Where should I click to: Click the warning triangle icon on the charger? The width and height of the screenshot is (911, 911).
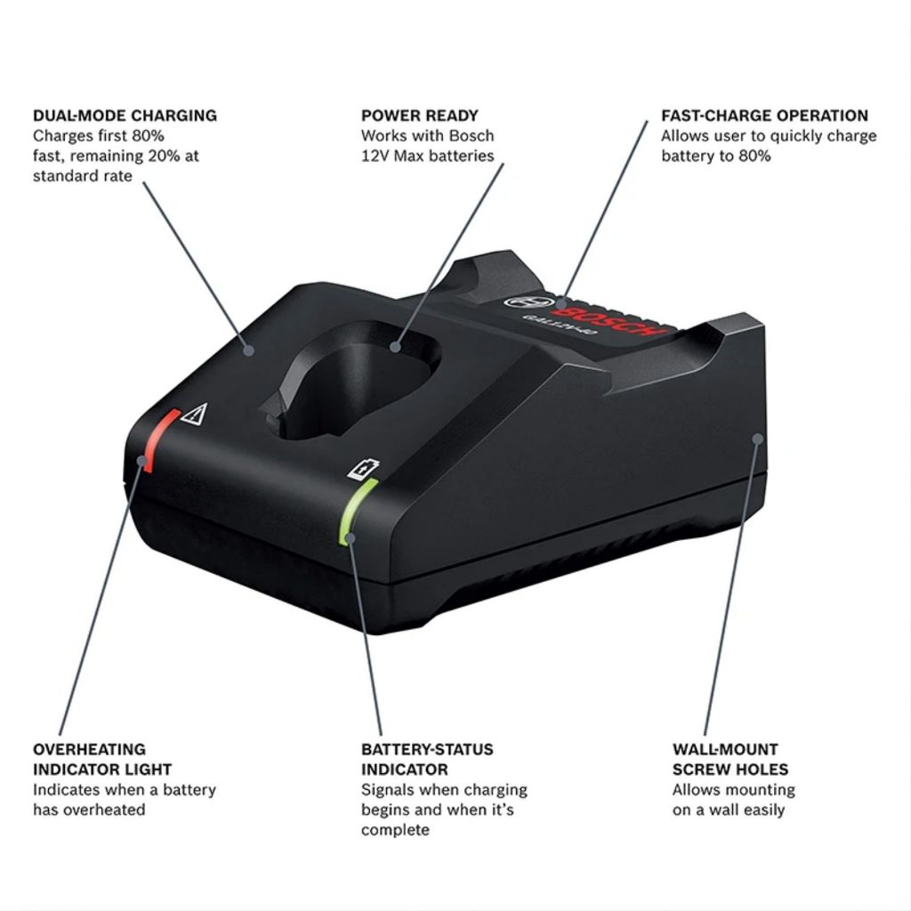[194, 414]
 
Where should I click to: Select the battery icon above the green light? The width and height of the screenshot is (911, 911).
[362, 469]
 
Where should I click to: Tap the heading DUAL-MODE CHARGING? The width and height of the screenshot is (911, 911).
[125, 116]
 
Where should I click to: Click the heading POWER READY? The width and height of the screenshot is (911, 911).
[420, 116]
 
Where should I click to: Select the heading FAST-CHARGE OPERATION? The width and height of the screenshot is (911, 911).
[764, 116]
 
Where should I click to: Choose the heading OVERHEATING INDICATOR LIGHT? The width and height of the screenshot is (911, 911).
[102, 759]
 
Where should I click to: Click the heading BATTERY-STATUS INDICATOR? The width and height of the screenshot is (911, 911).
[427, 759]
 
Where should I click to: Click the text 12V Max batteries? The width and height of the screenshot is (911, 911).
[427, 156]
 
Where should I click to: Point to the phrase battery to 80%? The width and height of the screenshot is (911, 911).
[715, 156]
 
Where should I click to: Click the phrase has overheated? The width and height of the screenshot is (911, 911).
[89, 810]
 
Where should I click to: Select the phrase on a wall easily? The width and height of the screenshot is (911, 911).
[729, 810]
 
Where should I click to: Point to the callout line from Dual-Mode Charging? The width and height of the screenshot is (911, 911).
[191, 258]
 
